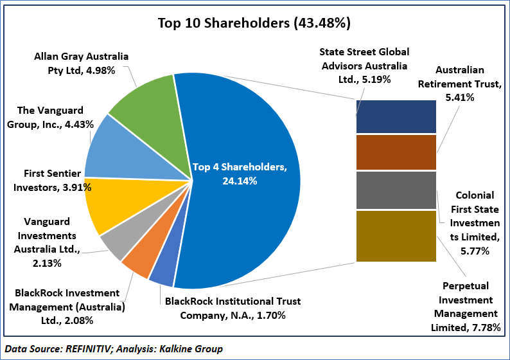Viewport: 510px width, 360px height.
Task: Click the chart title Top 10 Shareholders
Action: [x=254, y=24]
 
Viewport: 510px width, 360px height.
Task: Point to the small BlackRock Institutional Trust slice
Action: [x=162, y=275]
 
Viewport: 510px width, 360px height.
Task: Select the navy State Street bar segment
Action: [x=396, y=116]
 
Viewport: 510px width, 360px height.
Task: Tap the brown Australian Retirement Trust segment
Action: [x=396, y=152]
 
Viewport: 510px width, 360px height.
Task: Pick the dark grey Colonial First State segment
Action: [x=396, y=190]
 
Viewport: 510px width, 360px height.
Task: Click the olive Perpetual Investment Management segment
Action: [x=396, y=236]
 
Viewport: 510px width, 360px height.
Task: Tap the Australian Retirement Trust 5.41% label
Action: [x=459, y=84]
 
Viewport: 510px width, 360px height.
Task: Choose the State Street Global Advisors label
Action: [x=364, y=65]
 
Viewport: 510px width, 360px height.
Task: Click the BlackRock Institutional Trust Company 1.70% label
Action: [x=233, y=307]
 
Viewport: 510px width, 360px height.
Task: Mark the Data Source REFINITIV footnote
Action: [x=114, y=349]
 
